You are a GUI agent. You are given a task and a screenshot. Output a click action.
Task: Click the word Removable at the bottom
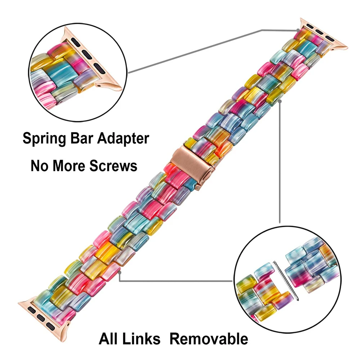pyautogui.click(x=209, y=339)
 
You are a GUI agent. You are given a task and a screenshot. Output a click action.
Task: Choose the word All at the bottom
pyautogui.click(x=110, y=339)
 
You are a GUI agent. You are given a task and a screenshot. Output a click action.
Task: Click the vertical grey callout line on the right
pyautogui.click(x=280, y=162)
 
